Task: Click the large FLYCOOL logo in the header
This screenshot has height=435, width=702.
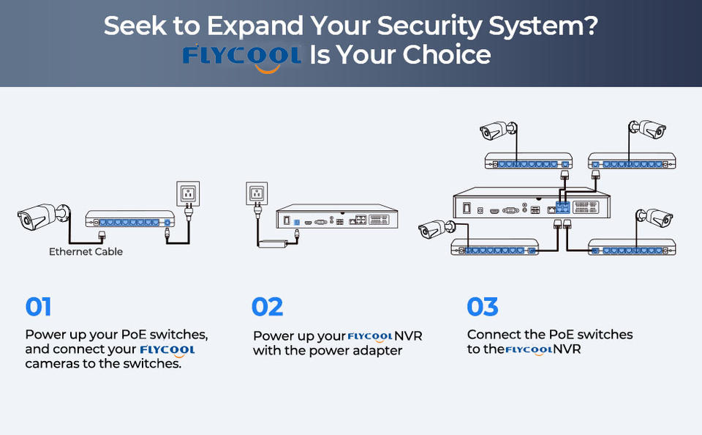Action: (x=241, y=57)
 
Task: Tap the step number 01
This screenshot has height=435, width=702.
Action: (x=38, y=307)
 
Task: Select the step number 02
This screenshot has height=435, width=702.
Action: (x=268, y=307)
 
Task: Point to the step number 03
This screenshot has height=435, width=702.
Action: (x=482, y=307)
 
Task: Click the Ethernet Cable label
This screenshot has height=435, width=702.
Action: (x=86, y=252)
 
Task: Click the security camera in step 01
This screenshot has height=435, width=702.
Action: (x=43, y=216)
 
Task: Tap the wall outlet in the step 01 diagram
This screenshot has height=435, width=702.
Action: (x=188, y=194)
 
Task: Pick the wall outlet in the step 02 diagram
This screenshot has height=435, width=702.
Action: (x=257, y=193)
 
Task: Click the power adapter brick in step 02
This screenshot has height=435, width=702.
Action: (x=273, y=244)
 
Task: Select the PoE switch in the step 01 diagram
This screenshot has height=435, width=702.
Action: (x=130, y=219)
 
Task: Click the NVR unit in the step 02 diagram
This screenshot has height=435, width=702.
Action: (x=336, y=216)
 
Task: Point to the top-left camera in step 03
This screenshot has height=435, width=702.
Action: (x=498, y=130)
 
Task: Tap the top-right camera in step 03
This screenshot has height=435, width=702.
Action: (x=647, y=129)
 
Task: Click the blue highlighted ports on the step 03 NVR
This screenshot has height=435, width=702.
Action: (x=563, y=207)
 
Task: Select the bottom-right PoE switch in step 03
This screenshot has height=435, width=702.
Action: (x=632, y=247)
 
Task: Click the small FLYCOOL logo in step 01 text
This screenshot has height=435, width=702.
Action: (x=167, y=351)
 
